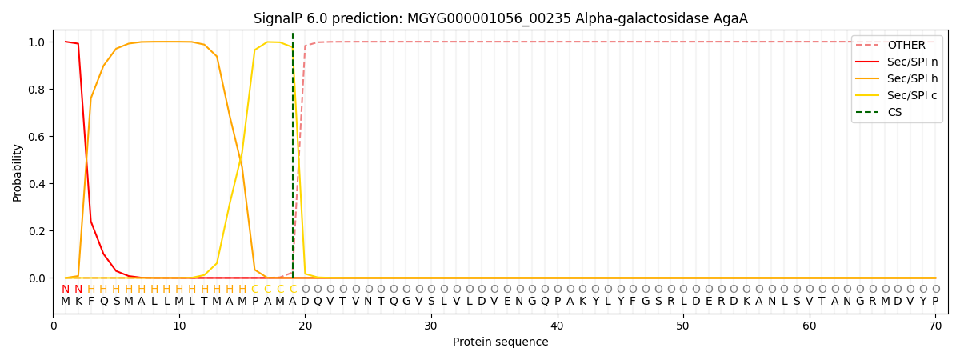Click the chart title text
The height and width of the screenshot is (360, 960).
(x=500, y=18)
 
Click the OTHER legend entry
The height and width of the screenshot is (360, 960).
(x=906, y=46)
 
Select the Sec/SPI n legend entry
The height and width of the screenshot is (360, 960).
(x=912, y=62)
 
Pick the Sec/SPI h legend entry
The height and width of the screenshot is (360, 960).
(x=912, y=79)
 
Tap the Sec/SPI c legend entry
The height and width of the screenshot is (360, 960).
(x=912, y=96)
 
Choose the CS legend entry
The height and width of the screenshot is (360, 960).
(x=894, y=113)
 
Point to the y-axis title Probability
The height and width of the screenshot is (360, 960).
(x=18, y=172)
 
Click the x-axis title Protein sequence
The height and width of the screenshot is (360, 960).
(x=500, y=342)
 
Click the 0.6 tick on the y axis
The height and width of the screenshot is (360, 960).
(x=37, y=137)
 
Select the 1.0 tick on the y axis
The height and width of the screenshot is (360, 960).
(x=37, y=42)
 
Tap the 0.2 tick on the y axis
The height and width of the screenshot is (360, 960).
(x=37, y=231)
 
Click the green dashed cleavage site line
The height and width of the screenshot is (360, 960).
(x=293, y=160)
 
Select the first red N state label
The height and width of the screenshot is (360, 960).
(x=66, y=290)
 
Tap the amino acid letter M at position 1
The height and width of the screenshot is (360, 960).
(x=66, y=302)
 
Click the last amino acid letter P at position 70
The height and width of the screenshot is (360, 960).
(x=935, y=302)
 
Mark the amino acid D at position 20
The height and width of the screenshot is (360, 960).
(x=305, y=302)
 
